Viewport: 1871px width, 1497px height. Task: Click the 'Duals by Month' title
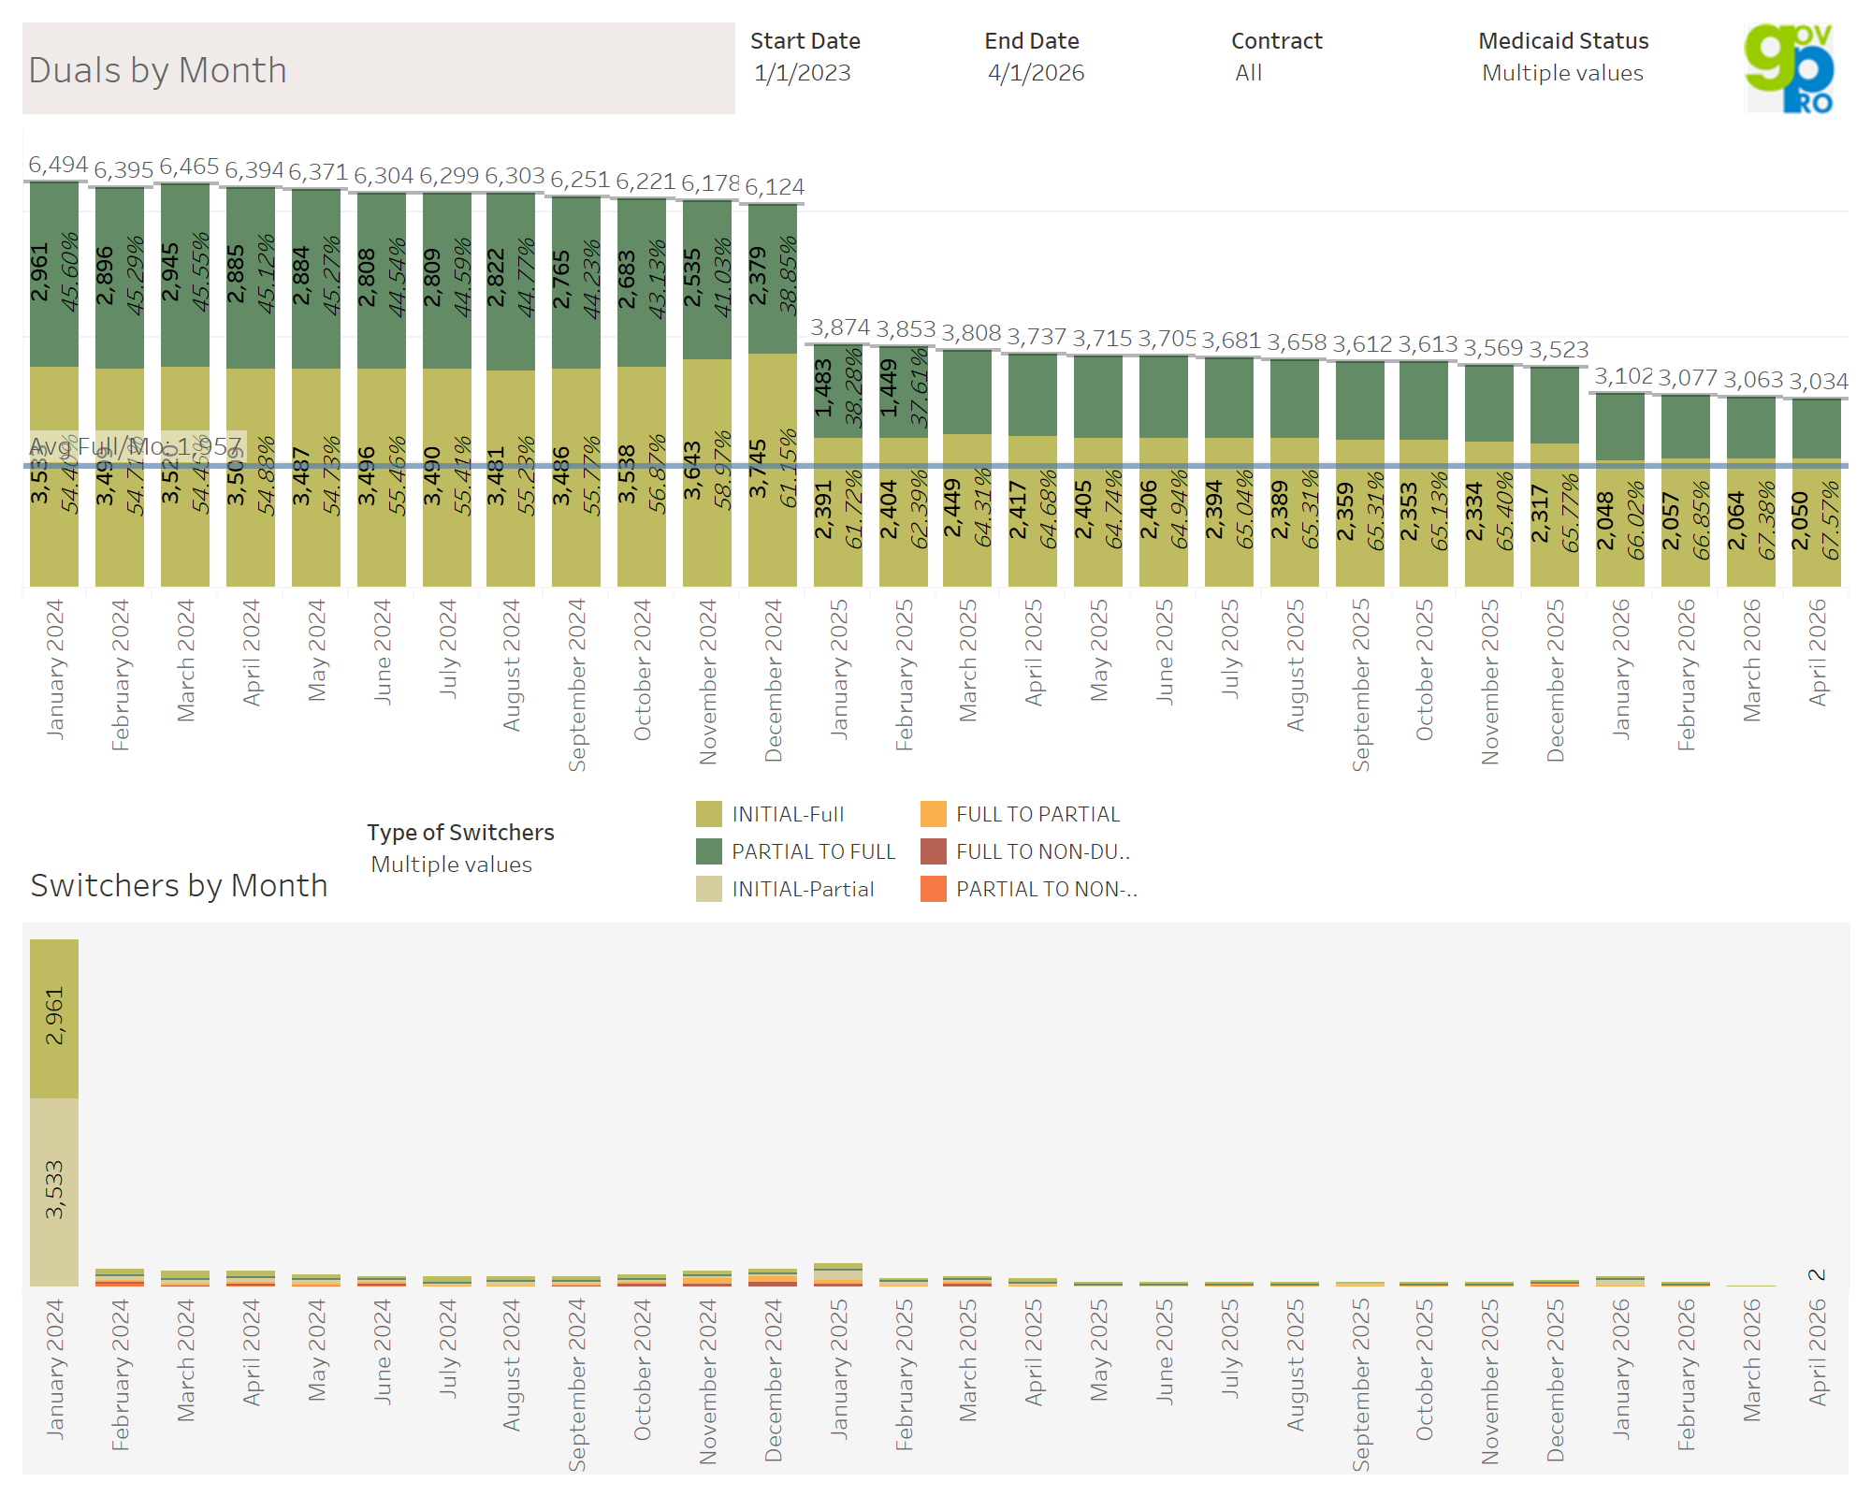click(158, 70)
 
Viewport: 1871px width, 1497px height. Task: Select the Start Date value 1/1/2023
click(803, 73)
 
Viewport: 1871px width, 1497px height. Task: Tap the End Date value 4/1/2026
click(1037, 73)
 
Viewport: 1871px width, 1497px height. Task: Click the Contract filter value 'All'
click(1249, 73)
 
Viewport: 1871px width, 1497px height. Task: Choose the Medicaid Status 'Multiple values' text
click(1562, 73)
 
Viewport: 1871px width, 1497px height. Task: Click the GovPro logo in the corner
click(1790, 68)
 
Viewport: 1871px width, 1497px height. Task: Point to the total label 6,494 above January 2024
click(58, 165)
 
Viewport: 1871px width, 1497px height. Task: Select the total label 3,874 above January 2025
click(840, 327)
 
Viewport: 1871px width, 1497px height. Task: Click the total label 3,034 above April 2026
click(1819, 382)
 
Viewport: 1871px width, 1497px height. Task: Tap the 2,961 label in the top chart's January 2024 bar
click(39, 273)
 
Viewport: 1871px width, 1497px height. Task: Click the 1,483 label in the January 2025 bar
click(823, 388)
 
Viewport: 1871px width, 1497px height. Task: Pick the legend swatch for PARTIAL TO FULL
click(709, 851)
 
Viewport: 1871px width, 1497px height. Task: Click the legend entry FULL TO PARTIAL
click(1037, 814)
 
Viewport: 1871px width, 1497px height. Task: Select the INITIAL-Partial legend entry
click(803, 889)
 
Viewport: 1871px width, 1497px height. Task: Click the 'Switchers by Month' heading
click(179, 885)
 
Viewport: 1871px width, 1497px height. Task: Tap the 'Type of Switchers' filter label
click(460, 832)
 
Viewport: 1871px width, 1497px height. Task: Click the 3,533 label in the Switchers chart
click(54, 1189)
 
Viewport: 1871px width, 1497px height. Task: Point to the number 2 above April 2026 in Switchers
click(1817, 1274)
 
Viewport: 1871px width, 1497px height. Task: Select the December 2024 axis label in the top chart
click(774, 680)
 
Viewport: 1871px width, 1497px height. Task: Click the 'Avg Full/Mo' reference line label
click(136, 446)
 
